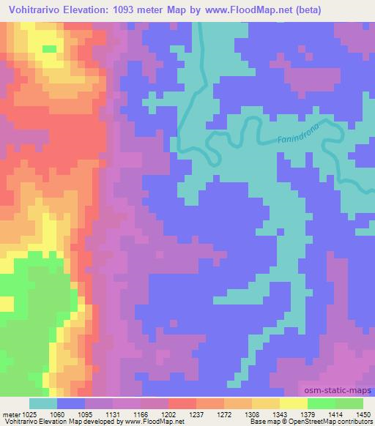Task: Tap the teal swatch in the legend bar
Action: [x=42, y=403]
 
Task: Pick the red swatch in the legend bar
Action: [x=182, y=403]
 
